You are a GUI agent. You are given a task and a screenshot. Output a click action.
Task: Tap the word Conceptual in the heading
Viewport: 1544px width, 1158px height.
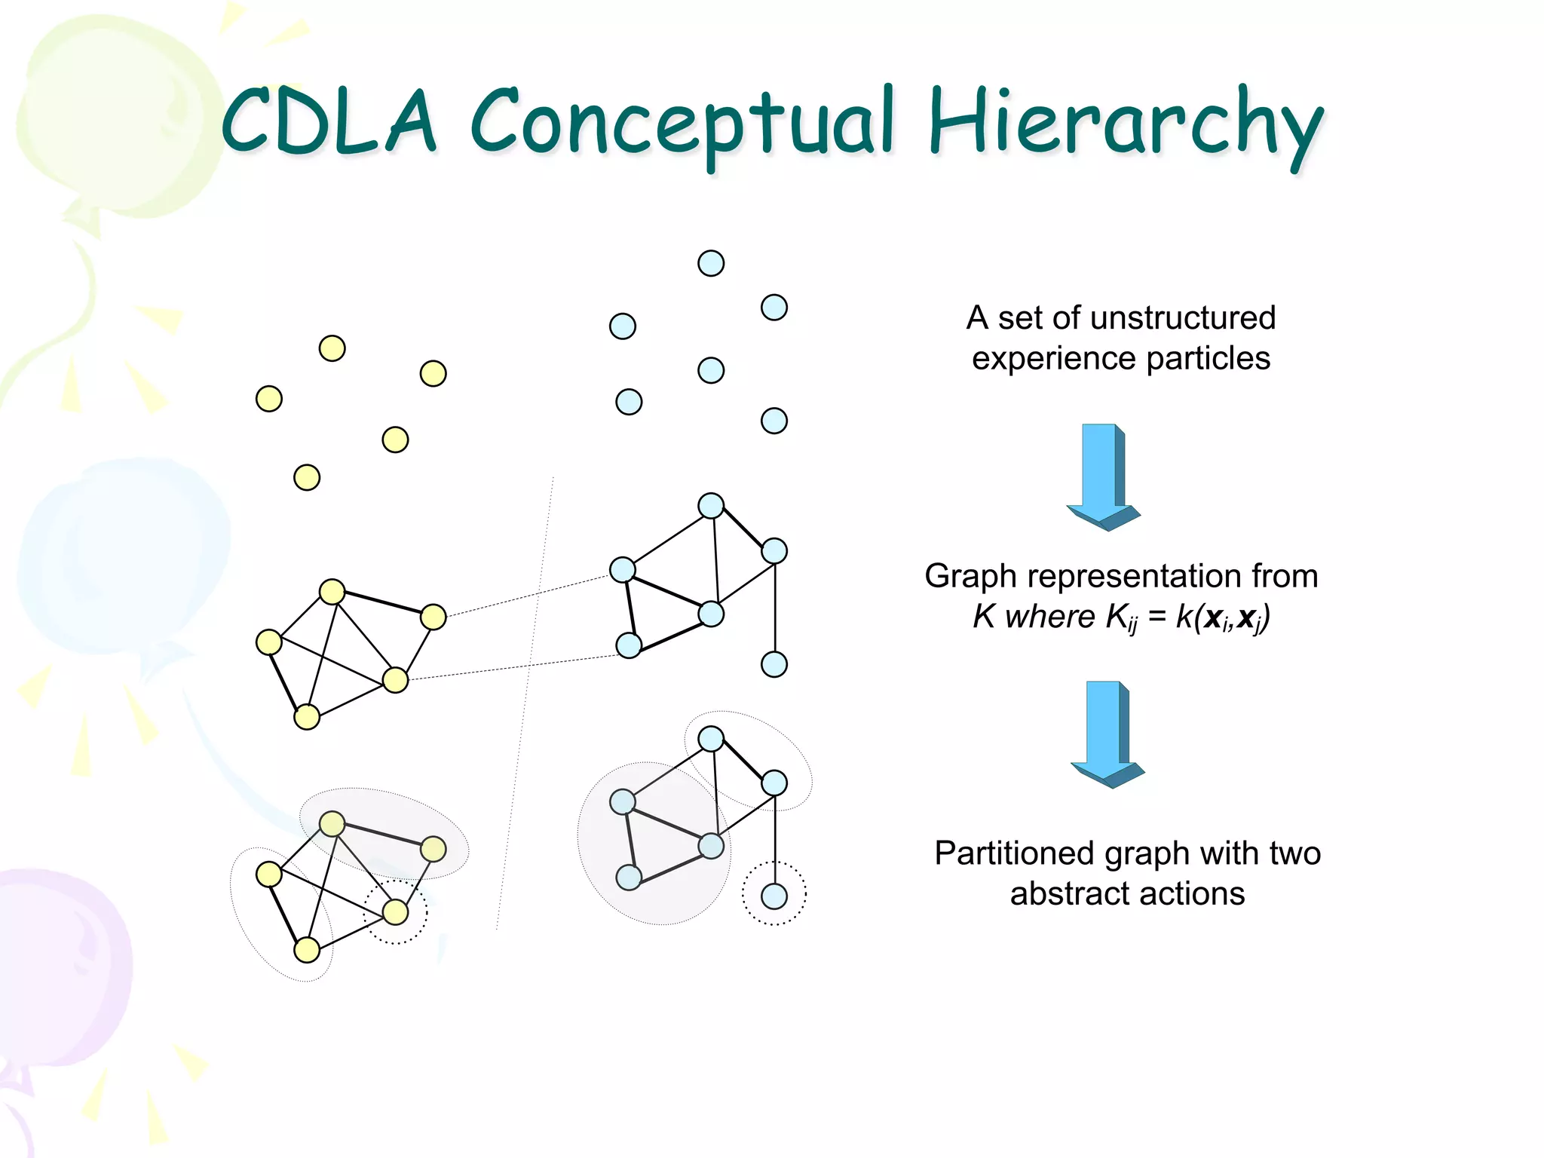coord(682,124)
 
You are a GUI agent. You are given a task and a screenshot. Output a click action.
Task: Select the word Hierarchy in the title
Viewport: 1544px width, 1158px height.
coord(1125,124)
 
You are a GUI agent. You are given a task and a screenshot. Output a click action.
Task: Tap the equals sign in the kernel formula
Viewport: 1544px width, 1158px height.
coord(1157,617)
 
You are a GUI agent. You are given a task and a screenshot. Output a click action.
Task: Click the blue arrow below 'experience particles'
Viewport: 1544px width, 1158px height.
coord(1103,476)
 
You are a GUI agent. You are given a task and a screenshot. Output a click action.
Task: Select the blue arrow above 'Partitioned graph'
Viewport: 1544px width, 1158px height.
coord(1107,734)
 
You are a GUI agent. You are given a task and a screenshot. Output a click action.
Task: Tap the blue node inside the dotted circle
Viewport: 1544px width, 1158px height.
coord(774,896)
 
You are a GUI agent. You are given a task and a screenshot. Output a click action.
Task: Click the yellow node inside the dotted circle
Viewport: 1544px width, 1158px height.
coord(395,912)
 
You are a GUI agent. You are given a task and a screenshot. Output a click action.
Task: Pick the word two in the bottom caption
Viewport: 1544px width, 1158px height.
coord(1294,853)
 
